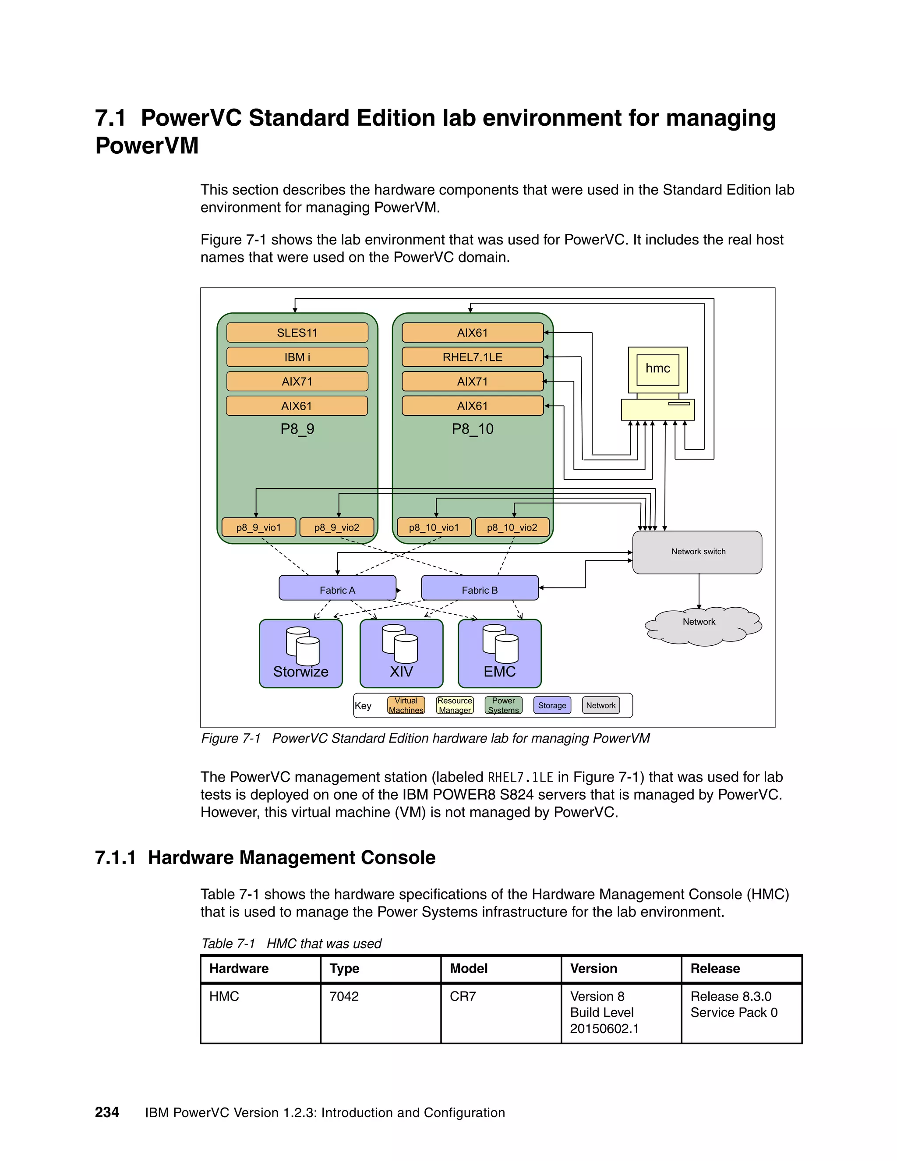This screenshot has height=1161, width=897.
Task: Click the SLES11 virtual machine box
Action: click(297, 333)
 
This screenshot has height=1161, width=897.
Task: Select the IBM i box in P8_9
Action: click(297, 357)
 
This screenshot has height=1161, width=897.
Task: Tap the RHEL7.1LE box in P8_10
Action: click(473, 357)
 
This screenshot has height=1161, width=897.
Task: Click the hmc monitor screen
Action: click(657, 369)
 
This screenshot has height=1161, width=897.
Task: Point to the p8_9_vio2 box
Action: click(336, 527)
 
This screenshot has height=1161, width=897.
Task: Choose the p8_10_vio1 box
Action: click(434, 527)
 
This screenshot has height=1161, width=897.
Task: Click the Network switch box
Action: click(697, 552)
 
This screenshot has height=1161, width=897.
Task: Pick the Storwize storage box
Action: click(301, 654)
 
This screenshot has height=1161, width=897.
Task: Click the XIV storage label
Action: click(401, 672)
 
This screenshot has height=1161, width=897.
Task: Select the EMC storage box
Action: click(499, 654)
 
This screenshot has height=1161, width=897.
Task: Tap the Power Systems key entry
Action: click(503, 705)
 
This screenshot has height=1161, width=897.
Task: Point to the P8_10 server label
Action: click(473, 429)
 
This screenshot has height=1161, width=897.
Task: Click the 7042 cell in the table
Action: click(344, 996)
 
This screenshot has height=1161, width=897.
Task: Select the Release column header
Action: click(715, 969)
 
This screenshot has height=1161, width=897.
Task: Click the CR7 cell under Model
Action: click(463, 996)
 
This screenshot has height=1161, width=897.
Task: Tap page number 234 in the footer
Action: click(107, 1112)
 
